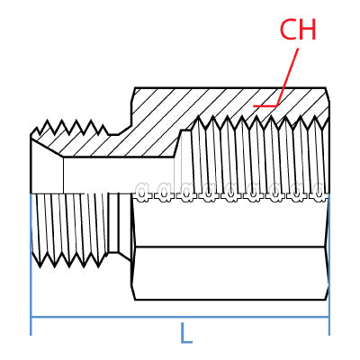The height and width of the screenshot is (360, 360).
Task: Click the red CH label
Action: [298, 30]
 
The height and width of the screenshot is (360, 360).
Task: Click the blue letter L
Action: [186, 333]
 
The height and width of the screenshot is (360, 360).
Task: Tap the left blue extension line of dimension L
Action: [31, 264]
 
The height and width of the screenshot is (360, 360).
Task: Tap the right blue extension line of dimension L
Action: [329, 264]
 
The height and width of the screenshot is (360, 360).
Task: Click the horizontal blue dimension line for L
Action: [180, 317]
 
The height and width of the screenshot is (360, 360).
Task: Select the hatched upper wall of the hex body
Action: [228, 105]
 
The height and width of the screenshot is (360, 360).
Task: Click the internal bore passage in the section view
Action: [119, 175]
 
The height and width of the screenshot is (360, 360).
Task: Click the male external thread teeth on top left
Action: [69, 128]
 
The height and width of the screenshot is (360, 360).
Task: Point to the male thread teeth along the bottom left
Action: [69, 260]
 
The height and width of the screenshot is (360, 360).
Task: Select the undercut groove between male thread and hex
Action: [113, 222]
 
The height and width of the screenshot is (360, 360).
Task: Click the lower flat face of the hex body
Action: [230, 273]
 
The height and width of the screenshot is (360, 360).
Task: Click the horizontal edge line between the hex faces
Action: [230, 247]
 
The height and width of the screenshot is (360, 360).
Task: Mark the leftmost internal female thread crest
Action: [198, 118]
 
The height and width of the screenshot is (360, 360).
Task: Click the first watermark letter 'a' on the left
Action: [142, 192]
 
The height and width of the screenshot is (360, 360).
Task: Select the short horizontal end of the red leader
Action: [265, 106]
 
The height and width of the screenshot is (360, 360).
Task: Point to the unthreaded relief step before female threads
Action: [184, 160]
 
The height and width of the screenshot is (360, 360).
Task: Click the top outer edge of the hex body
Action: [230, 88]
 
